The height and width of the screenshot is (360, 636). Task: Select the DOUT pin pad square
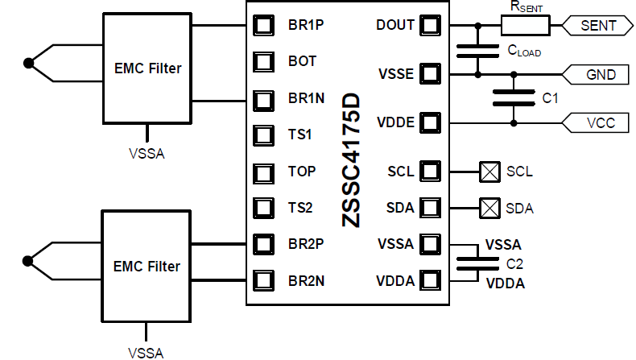coord(431,25)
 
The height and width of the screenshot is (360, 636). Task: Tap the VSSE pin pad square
coord(431,75)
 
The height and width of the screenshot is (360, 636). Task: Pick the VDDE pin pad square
coord(431,123)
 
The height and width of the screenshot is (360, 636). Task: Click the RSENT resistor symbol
coord(526,27)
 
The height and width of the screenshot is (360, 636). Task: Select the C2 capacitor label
coord(514,263)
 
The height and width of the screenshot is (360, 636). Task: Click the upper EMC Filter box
coord(147,69)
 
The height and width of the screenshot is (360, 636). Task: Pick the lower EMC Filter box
coord(147,266)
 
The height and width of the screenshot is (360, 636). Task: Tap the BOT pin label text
coord(302,61)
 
